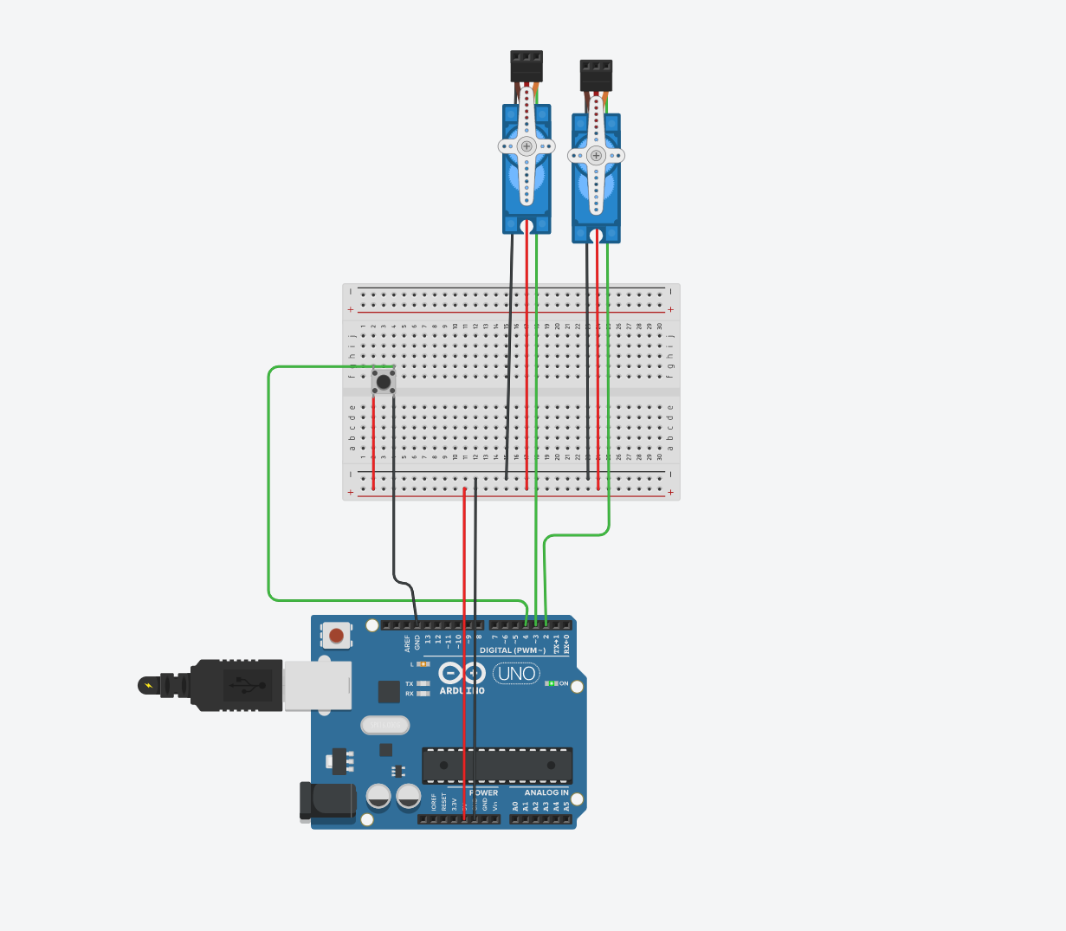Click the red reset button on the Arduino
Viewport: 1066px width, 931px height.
[x=336, y=636]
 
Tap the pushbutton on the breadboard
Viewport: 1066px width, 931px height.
[x=383, y=381]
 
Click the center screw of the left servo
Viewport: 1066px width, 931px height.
[x=526, y=146]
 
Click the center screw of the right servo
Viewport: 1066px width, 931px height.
[x=596, y=156]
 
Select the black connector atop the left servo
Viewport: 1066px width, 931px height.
[x=527, y=65]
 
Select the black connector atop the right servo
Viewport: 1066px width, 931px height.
[x=596, y=74]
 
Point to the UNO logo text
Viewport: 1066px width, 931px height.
[x=516, y=673]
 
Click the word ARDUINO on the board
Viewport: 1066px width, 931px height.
[x=462, y=691]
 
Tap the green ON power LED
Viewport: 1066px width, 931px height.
[x=552, y=683]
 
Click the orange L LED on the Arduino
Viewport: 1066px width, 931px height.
[x=423, y=664]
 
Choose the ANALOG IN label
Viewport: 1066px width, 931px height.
[x=546, y=792]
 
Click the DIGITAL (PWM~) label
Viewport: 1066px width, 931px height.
[x=513, y=650]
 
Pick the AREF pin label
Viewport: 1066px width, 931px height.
[x=407, y=643]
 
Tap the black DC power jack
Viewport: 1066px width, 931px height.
[x=329, y=801]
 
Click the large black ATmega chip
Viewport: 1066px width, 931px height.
[x=497, y=766]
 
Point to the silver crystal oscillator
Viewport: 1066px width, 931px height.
[x=384, y=725]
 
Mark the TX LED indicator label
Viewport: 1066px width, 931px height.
[x=410, y=683]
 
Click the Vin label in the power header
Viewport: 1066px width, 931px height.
[x=495, y=805]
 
